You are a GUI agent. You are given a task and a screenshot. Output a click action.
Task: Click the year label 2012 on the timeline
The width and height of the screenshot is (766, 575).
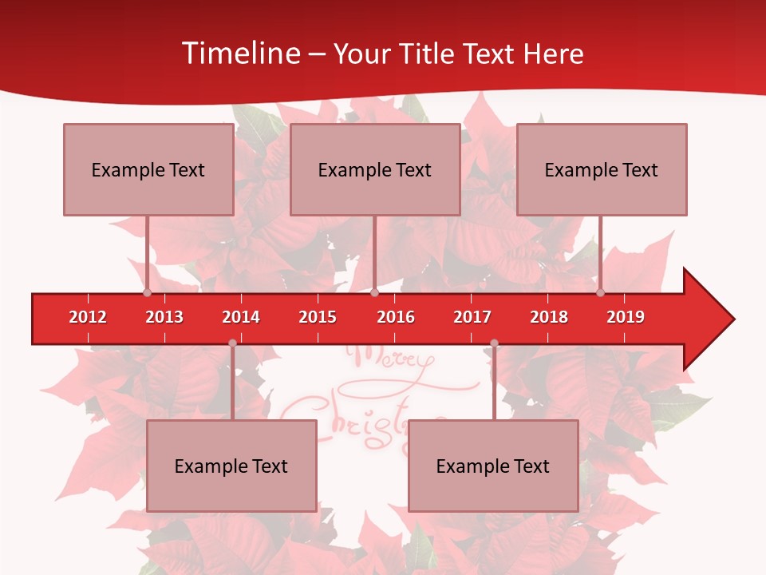(x=88, y=317)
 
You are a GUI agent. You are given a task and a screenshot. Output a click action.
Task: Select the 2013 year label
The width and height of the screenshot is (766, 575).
(x=164, y=317)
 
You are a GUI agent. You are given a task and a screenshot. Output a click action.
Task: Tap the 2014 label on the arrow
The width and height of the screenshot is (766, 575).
(x=241, y=317)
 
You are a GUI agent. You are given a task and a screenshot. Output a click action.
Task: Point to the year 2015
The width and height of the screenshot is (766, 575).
(x=318, y=317)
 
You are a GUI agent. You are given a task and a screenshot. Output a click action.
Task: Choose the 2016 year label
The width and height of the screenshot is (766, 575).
(x=396, y=317)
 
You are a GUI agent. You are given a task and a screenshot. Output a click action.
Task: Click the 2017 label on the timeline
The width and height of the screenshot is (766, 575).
(x=472, y=317)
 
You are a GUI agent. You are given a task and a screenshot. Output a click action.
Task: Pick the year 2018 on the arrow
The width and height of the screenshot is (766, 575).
(x=549, y=317)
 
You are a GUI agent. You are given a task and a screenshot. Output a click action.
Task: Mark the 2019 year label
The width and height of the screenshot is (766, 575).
(x=626, y=317)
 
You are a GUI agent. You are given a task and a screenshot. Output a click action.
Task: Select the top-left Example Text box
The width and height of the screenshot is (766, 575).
(x=148, y=169)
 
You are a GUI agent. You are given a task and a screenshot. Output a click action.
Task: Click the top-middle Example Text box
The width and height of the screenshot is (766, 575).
(x=375, y=169)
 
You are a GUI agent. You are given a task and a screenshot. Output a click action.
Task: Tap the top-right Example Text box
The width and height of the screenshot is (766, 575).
(x=602, y=169)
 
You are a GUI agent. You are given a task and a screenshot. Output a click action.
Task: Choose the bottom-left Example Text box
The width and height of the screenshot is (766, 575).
(x=231, y=466)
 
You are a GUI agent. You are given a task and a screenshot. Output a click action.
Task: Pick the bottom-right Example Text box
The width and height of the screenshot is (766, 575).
(x=493, y=466)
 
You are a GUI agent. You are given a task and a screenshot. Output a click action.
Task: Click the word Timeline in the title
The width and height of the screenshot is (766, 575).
(x=240, y=54)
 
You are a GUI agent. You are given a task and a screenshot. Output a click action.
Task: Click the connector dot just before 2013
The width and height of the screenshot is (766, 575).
(x=147, y=292)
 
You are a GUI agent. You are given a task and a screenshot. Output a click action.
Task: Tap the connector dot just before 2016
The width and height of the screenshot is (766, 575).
(x=374, y=292)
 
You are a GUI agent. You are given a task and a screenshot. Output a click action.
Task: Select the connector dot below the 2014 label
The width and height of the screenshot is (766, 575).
(x=232, y=343)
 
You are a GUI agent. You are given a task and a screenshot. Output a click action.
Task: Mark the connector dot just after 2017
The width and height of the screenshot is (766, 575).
(x=494, y=343)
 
